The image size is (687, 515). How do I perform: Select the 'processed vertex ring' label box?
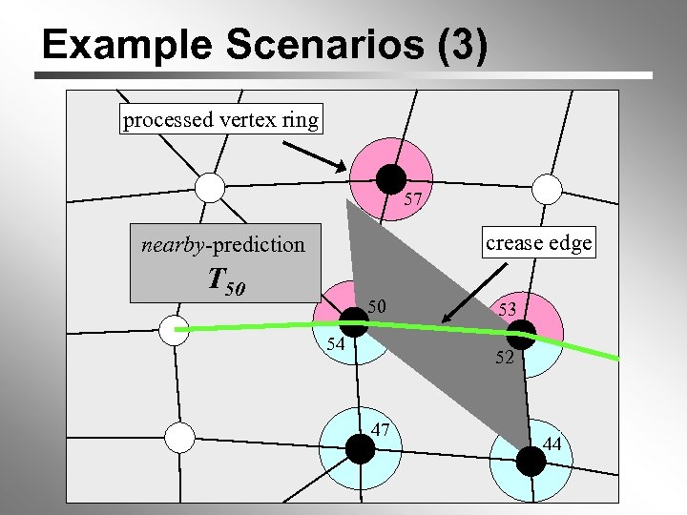221,120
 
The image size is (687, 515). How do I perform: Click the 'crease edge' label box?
538,243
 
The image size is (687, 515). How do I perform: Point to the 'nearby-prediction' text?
223,244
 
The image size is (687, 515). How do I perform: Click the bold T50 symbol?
226,280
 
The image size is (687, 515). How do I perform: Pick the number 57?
413,200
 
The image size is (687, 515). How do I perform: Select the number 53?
507,309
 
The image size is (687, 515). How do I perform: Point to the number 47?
381,429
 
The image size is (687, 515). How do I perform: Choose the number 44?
552,443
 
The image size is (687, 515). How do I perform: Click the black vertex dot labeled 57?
390,178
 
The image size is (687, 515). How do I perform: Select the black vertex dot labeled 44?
531,461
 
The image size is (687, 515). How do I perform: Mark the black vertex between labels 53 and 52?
521,334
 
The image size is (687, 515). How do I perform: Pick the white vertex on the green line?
174,331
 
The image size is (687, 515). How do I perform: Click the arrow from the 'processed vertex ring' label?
315,153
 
